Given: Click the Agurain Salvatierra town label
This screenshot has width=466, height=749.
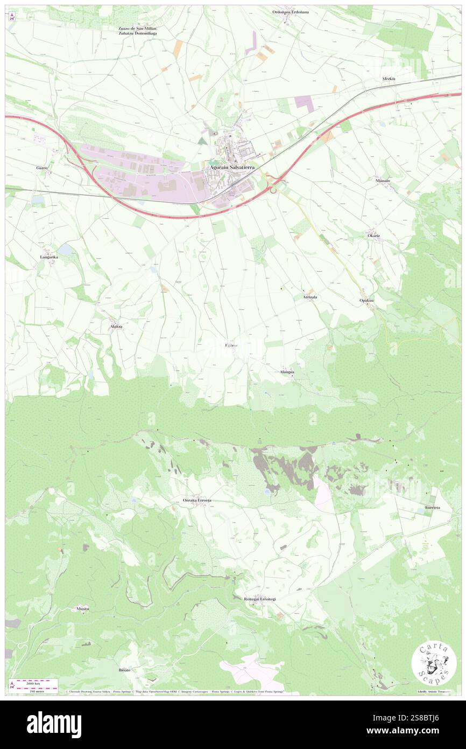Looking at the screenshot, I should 232,168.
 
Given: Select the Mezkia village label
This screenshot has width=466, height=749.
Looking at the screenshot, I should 389,79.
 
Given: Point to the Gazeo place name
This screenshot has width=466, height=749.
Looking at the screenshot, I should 43,168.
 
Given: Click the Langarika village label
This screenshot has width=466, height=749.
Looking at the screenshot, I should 49,257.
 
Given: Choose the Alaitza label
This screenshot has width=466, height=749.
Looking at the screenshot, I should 116,327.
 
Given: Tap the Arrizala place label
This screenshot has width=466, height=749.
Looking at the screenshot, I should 309,297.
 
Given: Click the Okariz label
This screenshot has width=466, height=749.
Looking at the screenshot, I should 374,236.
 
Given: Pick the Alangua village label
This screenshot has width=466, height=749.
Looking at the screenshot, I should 287,372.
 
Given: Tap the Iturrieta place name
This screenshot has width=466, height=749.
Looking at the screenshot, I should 432,508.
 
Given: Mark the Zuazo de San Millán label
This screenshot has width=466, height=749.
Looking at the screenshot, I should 133,28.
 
